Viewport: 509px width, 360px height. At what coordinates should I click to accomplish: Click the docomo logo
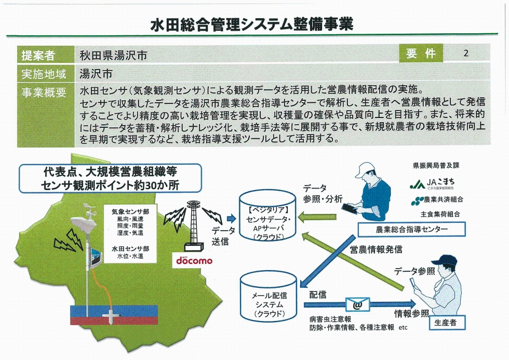coord(194,260)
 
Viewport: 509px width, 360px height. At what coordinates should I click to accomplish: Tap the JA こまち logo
coord(432,184)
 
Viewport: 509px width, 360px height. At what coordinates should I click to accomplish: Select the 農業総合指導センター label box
coord(411,229)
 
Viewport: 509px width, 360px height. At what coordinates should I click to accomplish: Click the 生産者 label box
coord(446,323)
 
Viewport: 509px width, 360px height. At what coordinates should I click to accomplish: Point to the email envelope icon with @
coord(358,304)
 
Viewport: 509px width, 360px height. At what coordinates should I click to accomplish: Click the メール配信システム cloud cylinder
coord(269,298)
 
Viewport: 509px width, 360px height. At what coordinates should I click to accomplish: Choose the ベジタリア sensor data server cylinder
coord(268,216)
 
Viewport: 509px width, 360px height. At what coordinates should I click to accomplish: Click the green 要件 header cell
coord(421,53)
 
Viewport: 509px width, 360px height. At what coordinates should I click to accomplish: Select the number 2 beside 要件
coord(466,53)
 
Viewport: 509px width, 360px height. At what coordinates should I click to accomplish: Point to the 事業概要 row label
coord(44,92)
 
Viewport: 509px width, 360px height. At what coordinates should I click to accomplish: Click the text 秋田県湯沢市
coord(113,56)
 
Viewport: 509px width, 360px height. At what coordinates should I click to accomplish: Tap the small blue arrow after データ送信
coord(232,219)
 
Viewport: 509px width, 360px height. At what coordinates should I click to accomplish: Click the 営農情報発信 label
coord(376,249)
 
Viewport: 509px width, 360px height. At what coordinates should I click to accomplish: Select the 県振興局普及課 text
coord(436,166)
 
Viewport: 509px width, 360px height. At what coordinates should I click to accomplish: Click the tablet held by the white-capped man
coord(349,208)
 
